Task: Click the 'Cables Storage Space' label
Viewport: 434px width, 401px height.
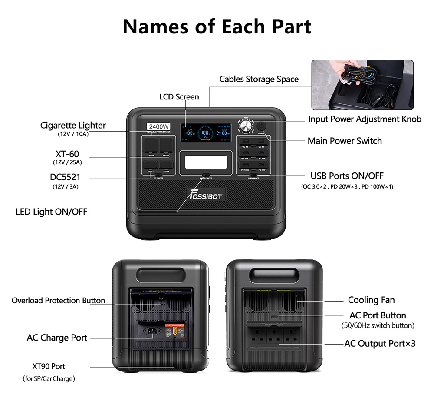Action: (x=259, y=79)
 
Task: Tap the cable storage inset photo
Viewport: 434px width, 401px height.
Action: (x=362, y=85)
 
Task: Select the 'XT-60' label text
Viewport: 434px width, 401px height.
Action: (x=67, y=154)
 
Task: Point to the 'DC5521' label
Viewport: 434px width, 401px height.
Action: (x=65, y=177)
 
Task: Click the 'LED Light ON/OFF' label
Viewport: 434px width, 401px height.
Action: (x=52, y=212)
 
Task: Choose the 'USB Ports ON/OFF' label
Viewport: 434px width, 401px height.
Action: (x=347, y=176)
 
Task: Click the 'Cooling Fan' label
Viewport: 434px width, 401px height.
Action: (x=371, y=300)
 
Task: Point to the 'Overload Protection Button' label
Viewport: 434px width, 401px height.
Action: (x=58, y=301)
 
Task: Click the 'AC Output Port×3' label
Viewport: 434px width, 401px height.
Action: (x=380, y=344)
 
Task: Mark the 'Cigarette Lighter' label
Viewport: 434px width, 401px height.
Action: (x=73, y=125)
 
